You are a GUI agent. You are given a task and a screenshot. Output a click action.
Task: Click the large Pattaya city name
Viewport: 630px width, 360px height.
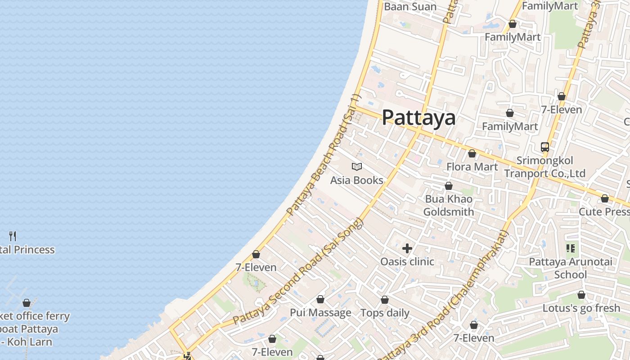(418, 118)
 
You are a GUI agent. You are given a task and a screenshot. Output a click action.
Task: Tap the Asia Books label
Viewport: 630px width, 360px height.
(357, 180)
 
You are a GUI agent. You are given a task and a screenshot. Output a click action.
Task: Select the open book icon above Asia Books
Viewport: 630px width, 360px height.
(357, 167)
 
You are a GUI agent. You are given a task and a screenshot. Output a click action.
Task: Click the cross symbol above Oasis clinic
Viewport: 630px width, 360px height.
(407, 248)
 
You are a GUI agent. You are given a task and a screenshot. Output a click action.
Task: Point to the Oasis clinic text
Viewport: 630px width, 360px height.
(407, 261)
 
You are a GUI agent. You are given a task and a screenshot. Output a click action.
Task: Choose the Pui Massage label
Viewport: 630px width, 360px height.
(320, 313)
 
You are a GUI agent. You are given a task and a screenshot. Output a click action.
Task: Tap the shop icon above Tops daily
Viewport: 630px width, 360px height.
(385, 300)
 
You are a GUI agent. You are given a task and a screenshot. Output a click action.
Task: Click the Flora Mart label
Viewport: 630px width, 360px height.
(472, 167)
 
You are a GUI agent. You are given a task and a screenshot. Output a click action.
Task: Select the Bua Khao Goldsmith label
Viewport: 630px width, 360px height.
(449, 205)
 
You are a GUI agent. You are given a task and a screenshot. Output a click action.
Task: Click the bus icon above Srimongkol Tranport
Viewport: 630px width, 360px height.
(545, 147)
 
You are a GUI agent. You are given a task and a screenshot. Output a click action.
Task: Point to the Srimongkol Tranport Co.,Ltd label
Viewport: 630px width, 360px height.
(544, 167)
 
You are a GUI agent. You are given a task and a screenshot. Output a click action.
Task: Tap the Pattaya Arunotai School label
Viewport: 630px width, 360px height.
(571, 268)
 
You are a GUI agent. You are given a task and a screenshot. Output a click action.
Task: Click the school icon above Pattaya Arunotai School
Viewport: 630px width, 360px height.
(571, 248)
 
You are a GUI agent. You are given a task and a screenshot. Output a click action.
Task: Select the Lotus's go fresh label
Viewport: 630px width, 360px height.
(581, 308)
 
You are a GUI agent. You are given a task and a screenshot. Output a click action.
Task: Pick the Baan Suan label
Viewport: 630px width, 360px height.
(410, 7)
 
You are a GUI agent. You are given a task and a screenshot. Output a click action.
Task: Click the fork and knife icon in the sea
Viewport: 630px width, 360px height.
(13, 236)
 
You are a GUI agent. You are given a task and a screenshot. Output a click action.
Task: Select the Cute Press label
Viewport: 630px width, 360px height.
(604, 211)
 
